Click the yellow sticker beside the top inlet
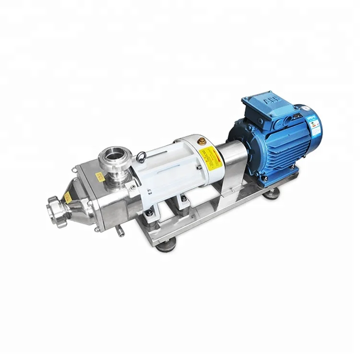tap(100, 176)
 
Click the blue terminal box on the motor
tap(266, 108)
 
